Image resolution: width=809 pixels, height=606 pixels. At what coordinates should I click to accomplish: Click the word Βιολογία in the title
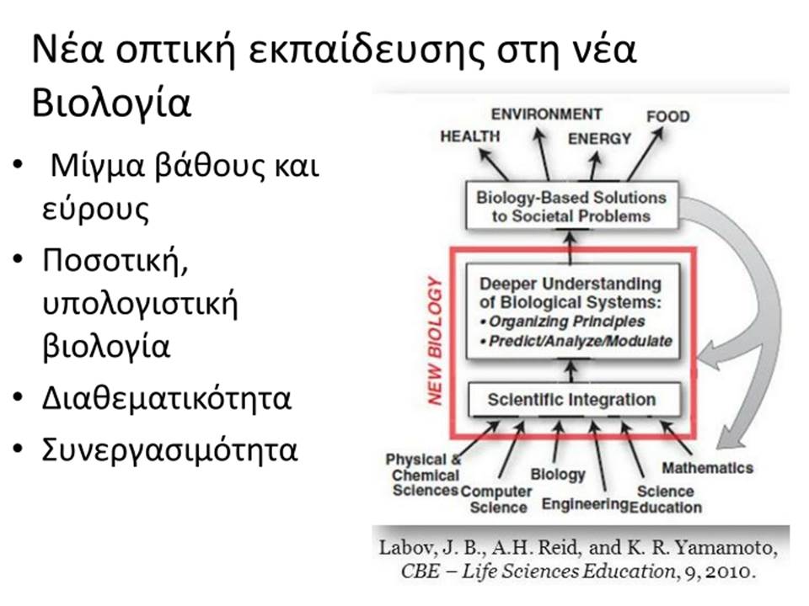(111, 103)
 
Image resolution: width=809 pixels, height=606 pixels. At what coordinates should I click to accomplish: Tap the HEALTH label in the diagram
(470, 136)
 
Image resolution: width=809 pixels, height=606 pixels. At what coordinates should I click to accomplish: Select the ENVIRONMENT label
(546, 114)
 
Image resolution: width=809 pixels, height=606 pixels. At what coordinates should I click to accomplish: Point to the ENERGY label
(599, 138)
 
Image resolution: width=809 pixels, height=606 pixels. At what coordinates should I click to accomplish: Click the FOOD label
(668, 116)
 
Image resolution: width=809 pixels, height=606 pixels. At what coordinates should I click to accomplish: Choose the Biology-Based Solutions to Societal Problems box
(571, 205)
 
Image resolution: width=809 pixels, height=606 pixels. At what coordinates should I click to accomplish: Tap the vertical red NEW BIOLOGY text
(436, 341)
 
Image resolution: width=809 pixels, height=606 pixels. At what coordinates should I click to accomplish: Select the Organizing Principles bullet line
(562, 322)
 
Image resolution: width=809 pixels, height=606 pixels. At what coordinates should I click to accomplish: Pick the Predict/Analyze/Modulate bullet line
(576, 341)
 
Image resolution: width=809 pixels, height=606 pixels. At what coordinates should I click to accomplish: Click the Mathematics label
(707, 468)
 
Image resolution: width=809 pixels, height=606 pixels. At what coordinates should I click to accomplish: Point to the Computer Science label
(496, 499)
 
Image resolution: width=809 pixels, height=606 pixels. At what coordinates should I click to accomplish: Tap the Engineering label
(585, 504)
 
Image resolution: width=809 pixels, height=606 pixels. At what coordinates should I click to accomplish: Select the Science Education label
(666, 499)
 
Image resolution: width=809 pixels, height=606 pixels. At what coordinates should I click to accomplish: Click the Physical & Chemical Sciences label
(425, 475)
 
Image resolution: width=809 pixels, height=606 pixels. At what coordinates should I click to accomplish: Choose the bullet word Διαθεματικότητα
(167, 398)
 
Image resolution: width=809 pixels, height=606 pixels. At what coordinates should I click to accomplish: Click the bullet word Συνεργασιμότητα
(169, 449)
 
